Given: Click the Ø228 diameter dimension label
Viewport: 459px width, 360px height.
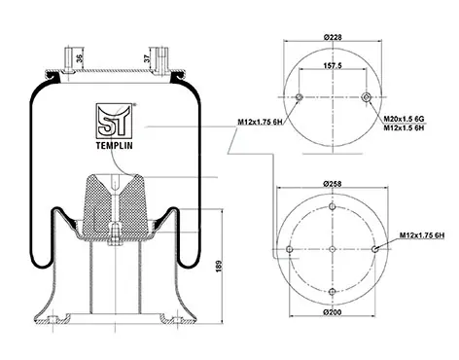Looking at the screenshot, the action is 333,37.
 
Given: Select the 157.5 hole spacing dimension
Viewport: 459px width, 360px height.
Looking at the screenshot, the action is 333,65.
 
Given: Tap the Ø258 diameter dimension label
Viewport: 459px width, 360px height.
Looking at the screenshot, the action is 333,184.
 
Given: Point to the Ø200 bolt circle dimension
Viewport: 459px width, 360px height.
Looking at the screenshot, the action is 333,312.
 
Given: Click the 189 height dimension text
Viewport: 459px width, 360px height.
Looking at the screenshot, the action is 219,267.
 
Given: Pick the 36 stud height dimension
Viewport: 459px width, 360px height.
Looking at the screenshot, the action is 80,58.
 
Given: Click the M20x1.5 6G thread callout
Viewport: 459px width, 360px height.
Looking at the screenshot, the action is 404,119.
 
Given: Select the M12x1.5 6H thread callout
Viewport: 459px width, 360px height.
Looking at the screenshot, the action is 404,127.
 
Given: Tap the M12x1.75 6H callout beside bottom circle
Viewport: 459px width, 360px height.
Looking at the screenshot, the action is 422,235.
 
